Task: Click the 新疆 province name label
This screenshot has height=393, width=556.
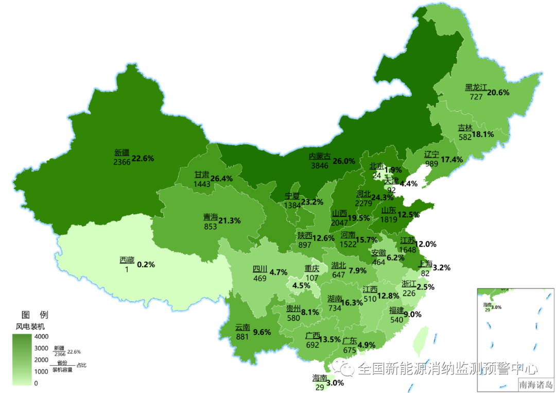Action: tap(122, 152)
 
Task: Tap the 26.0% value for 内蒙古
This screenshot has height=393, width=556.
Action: tap(344, 161)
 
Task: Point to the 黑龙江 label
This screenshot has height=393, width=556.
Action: tap(476, 88)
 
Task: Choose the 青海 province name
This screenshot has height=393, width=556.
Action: tap(210, 217)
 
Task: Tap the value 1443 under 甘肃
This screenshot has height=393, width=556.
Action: tap(202, 184)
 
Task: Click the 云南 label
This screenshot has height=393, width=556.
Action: tap(242, 327)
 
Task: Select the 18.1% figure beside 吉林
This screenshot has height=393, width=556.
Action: tap(483, 134)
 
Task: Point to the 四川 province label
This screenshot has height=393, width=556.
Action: tap(259, 269)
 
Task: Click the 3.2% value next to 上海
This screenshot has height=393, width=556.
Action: tap(442, 267)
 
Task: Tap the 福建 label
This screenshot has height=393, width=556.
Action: tap(396, 310)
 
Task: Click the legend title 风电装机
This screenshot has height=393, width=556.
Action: tap(30, 326)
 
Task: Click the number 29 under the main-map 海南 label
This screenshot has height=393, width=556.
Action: tap(319, 387)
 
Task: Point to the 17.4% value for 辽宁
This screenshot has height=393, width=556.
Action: tap(451, 160)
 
